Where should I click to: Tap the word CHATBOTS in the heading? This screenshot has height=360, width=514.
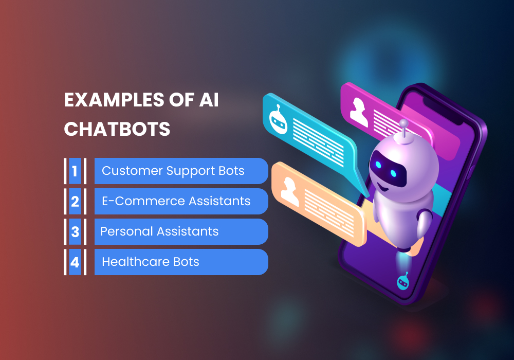pos(117,129)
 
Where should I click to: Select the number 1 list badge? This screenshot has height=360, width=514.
pos(75,171)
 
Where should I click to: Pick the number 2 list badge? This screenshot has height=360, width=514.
pos(75,201)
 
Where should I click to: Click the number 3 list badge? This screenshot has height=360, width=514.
pos(75,231)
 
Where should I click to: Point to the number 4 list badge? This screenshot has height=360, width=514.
pos(75,262)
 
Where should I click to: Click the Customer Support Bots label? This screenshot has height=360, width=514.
pos(173,171)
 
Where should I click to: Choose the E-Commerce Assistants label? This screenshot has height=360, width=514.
pos(176,201)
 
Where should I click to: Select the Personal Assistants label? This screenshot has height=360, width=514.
pos(159,231)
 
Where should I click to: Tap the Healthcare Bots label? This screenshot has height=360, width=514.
pos(150,262)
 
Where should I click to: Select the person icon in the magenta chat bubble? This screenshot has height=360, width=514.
pos(359,112)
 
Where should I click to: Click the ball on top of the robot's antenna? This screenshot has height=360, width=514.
pos(404,123)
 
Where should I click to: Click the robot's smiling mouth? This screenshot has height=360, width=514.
pos(384,187)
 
